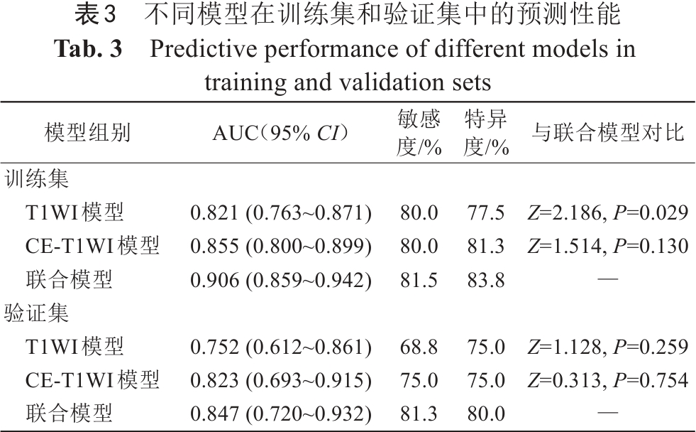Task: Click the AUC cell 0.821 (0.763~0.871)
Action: [x=281, y=212]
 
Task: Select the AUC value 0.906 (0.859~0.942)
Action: [x=281, y=280]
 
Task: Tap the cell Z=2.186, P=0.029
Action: [x=607, y=212]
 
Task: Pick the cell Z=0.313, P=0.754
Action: [x=607, y=381]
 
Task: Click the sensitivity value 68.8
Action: [x=419, y=347]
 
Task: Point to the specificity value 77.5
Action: [x=486, y=212]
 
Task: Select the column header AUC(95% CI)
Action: [x=281, y=134]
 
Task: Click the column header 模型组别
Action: [x=87, y=134]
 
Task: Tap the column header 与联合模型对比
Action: [x=607, y=134]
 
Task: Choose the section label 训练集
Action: [x=37, y=179]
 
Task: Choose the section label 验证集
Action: [x=37, y=314]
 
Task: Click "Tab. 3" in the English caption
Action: [x=88, y=49]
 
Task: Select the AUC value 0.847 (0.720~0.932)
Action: [x=281, y=414]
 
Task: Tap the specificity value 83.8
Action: [x=486, y=280]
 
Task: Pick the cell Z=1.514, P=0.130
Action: [x=607, y=246]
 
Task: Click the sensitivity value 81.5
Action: [x=419, y=280]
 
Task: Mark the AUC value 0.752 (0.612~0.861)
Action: [x=281, y=347]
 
